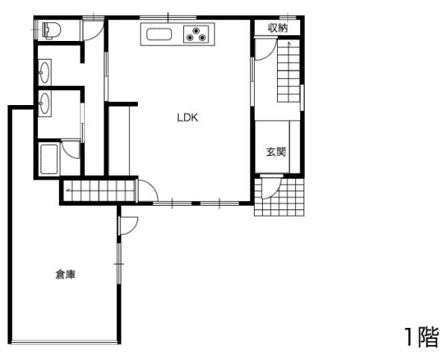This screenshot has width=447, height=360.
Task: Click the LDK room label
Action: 186,116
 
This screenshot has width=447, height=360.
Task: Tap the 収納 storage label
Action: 278,27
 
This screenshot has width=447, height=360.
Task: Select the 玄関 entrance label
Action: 276,152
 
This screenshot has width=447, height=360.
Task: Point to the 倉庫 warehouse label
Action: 65,274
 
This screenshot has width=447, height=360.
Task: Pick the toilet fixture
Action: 50,31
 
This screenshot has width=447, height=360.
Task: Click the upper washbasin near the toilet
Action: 45,72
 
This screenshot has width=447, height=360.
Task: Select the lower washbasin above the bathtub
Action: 45,101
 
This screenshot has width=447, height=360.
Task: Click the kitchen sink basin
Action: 159,34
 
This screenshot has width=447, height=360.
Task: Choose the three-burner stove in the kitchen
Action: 198,34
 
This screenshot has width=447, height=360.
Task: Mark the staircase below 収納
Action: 289,72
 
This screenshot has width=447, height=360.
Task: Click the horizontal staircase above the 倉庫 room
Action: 98,190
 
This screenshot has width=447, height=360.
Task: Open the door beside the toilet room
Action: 92,30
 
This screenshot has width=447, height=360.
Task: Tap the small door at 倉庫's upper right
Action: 128,223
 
